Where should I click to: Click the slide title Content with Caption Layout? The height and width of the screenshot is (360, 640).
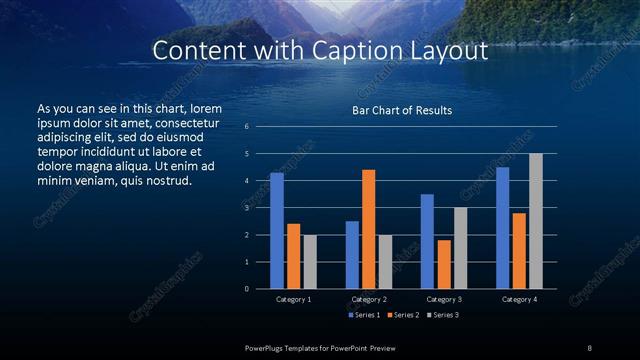point(320,51)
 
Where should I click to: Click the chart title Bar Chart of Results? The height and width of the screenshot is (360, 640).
point(402,110)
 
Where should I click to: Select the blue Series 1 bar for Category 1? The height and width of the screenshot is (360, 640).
point(277,230)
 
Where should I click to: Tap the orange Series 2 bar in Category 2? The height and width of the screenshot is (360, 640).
point(368,229)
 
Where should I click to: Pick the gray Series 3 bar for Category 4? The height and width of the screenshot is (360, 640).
point(535,221)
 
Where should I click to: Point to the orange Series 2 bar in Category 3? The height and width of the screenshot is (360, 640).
point(443,264)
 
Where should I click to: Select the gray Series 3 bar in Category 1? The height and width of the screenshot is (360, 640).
point(310,261)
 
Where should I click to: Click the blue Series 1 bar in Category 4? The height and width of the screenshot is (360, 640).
point(502,227)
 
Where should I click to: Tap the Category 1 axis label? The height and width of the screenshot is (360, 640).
point(293,299)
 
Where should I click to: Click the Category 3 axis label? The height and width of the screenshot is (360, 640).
point(443,299)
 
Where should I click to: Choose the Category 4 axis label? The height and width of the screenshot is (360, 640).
point(519,299)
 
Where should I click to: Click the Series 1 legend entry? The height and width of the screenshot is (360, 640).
point(365,315)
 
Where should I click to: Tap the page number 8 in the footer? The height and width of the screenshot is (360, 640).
point(590,346)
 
